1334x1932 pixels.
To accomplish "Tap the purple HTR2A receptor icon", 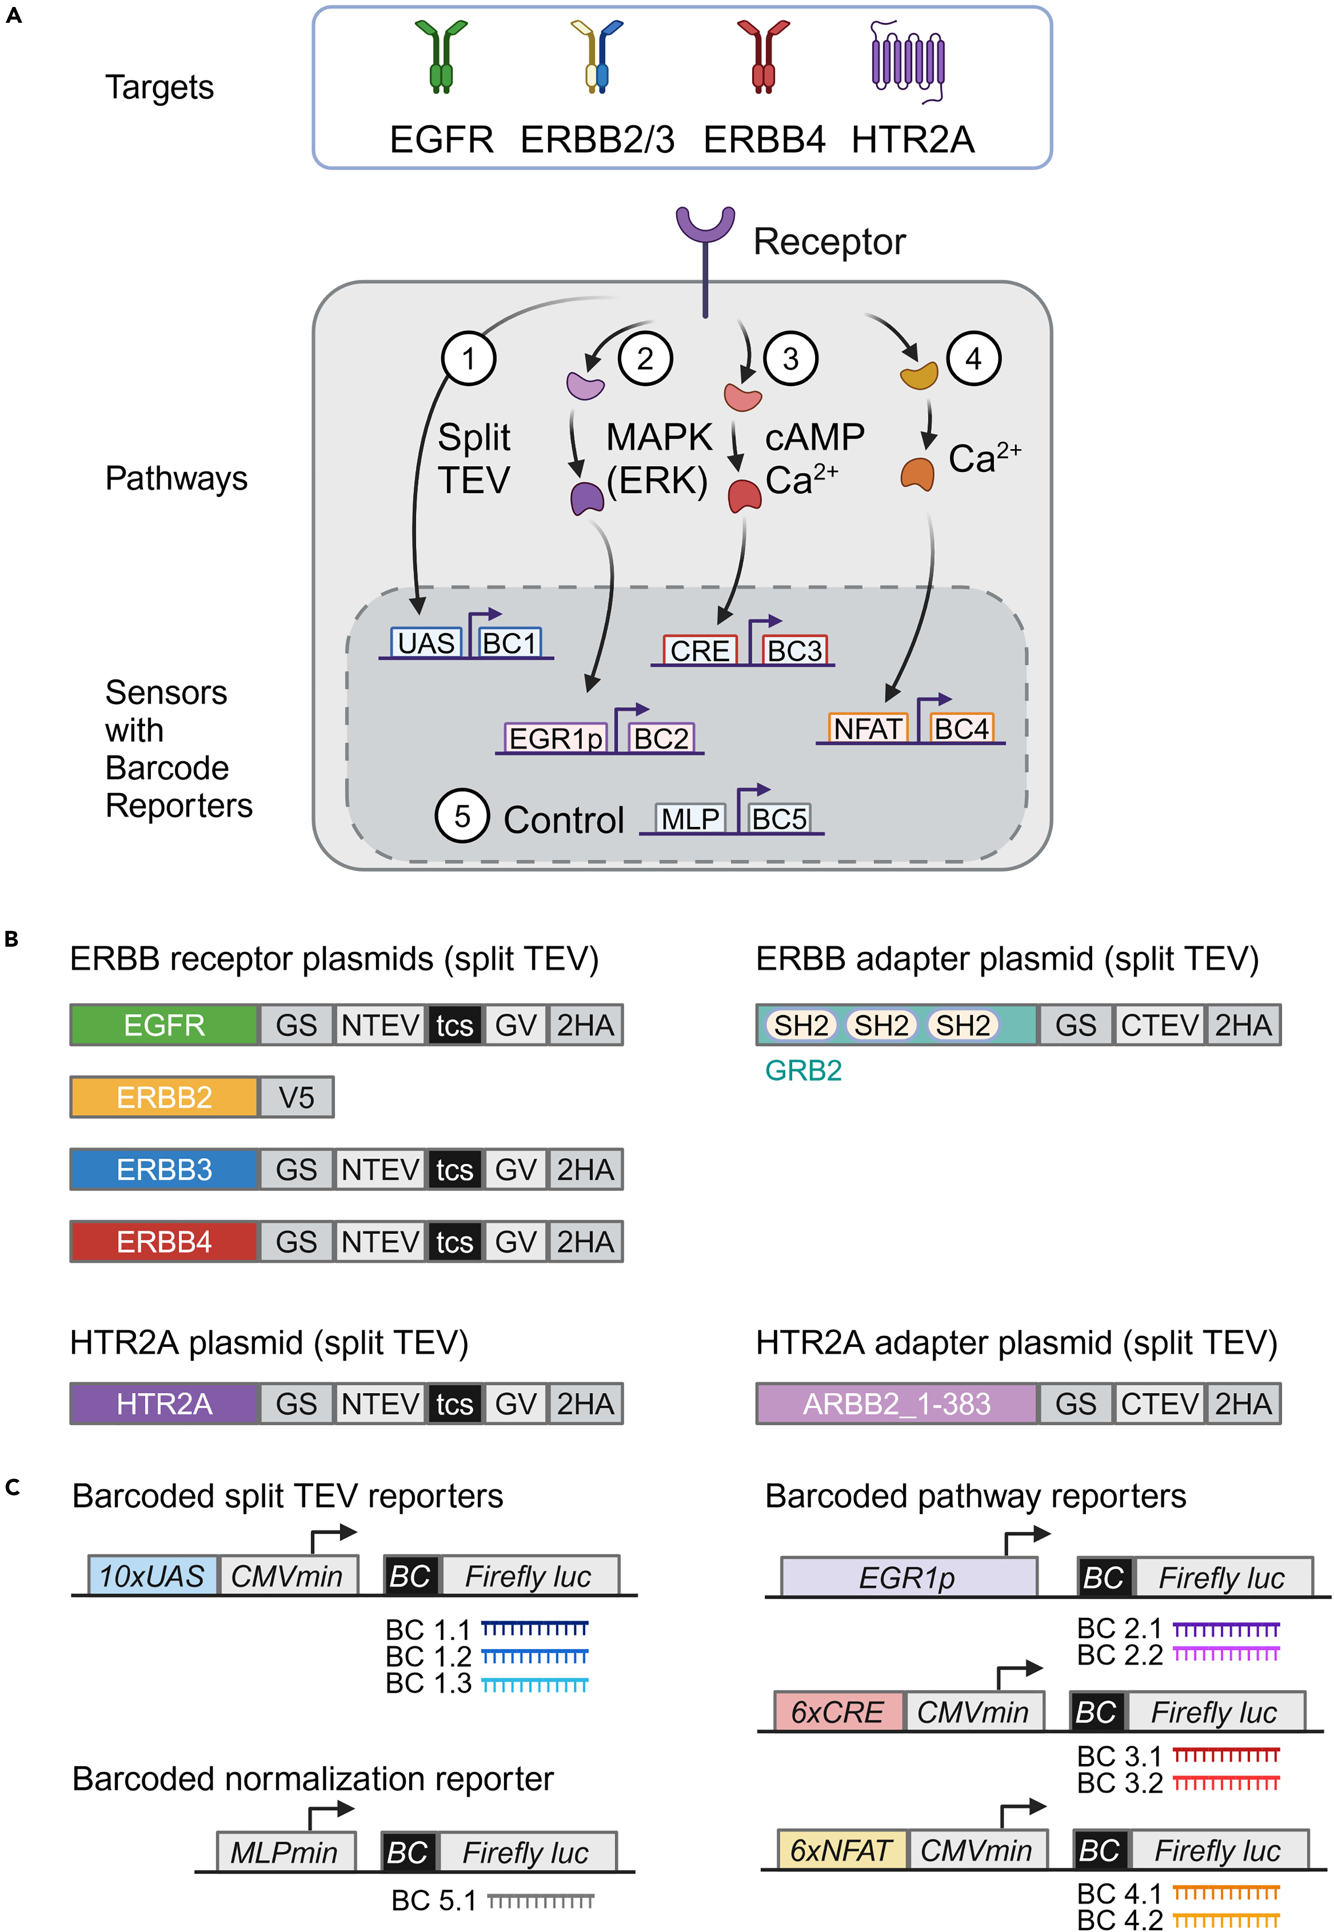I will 908,60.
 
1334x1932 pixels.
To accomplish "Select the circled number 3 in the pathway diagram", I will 790,358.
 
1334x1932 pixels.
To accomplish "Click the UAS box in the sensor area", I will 426,643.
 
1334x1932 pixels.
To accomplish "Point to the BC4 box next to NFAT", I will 961,729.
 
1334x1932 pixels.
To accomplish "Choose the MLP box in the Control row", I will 690,819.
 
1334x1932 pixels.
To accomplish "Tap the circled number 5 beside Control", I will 461,816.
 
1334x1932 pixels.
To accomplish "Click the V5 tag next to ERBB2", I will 296,1097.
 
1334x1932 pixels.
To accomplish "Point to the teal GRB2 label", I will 803,1070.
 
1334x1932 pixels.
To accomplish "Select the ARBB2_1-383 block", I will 897,1404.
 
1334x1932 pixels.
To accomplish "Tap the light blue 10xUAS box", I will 152,1576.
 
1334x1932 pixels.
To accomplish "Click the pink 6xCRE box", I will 837,1712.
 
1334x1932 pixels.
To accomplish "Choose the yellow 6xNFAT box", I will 842,1850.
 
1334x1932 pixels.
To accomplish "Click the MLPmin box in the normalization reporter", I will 285,1852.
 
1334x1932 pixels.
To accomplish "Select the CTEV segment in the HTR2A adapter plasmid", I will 1160,1404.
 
